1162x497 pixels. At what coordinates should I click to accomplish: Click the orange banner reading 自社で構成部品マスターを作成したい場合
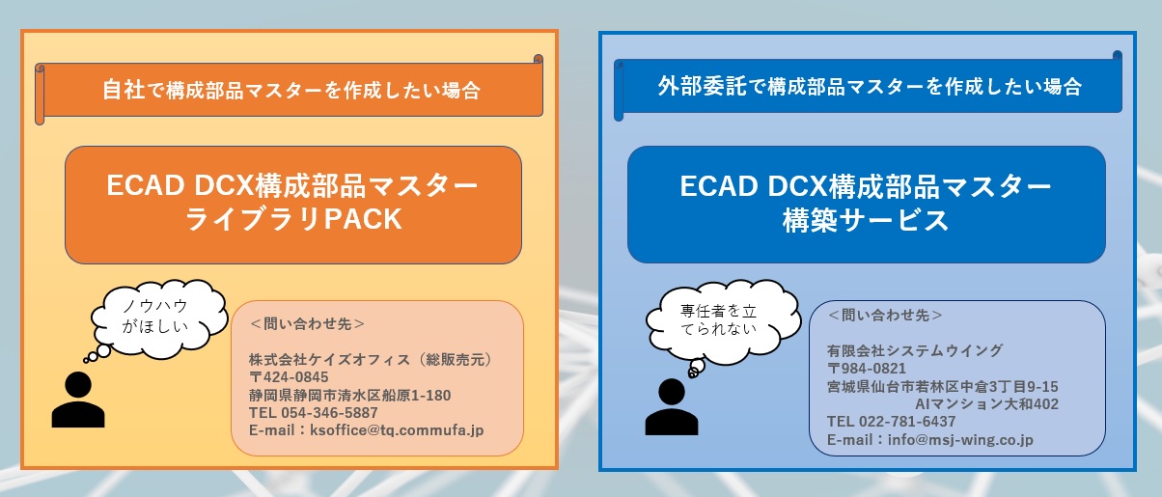(x=289, y=90)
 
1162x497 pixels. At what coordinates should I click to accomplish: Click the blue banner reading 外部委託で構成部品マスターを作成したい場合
(x=868, y=86)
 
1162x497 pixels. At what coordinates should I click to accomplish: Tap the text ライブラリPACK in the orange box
(x=293, y=219)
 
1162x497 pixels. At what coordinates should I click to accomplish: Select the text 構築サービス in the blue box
(x=866, y=220)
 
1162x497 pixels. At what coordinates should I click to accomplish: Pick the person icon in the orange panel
(x=78, y=400)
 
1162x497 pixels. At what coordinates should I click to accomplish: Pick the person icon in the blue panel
(x=672, y=406)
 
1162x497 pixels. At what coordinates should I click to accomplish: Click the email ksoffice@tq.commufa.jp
(x=397, y=430)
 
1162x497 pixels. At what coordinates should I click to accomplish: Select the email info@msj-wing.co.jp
(x=960, y=440)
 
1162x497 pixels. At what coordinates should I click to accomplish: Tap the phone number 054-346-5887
(x=329, y=413)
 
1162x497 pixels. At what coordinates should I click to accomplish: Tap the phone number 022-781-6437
(x=907, y=422)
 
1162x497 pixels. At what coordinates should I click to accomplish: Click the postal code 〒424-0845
(x=289, y=377)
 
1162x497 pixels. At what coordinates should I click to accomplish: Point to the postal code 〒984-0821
(x=867, y=369)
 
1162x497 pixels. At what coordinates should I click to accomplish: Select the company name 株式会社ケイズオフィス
(x=329, y=360)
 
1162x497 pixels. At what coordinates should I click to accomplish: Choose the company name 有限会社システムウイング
(x=915, y=350)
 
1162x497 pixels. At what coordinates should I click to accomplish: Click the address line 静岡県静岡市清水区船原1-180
(x=349, y=396)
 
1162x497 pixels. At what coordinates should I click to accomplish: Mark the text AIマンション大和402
(x=986, y=404)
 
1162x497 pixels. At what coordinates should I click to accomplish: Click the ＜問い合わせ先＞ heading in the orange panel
(x=307, y=324)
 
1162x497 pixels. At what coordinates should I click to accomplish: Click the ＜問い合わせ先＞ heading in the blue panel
(x=885, y=316)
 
